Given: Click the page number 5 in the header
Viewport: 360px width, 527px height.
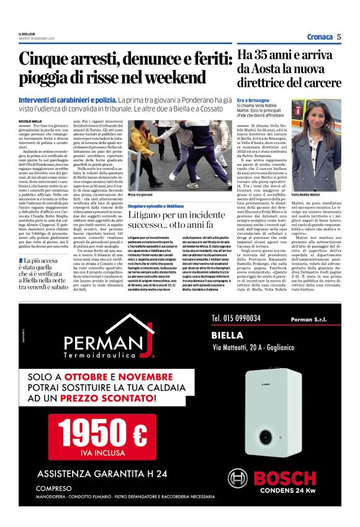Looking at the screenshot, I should [x=339, y=36].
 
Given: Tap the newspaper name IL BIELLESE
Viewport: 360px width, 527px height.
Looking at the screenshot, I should [x=27, y=34].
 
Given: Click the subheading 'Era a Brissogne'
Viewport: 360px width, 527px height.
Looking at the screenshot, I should [x=253, y=99].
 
